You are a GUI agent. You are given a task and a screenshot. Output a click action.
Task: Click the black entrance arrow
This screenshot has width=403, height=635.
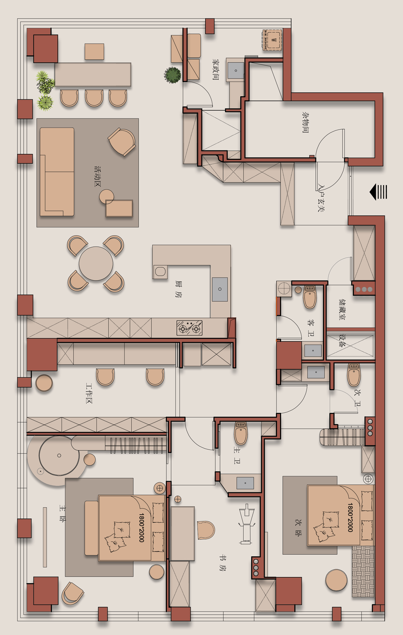(x=378, y=192)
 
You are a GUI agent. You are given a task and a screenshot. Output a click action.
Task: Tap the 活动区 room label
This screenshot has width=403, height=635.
(x=98, y=176)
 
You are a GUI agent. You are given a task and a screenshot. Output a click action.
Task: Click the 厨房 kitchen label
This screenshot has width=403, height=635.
(x=178, y=289)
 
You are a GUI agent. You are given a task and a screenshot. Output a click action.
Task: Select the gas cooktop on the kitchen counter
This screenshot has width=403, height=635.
(x=189, y=328)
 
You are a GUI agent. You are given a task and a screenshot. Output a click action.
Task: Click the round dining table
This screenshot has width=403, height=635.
(x=96, y=263)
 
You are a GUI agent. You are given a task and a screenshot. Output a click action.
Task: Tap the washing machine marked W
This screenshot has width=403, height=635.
(x=272, y=40)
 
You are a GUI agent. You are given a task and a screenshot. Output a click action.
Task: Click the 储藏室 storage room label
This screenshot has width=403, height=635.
(x=342, y=309)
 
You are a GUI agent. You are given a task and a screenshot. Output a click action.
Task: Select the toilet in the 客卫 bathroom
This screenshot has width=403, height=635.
(x=310, y=297)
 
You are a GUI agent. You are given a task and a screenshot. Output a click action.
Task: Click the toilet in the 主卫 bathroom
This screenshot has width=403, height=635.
(x=241, y=433)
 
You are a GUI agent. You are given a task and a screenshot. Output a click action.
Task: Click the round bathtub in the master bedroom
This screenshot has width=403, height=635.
(x=59, y=456)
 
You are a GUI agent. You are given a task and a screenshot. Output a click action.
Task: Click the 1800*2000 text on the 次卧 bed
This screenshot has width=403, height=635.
(x=350, y=517)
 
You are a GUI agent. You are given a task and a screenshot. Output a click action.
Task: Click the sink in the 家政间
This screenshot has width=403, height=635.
(x=236, y=70)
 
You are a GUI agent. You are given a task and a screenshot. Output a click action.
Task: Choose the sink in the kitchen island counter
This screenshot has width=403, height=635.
(x=220, y=289)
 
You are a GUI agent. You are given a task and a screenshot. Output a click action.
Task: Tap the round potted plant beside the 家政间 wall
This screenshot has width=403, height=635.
(x=172, y=75)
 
